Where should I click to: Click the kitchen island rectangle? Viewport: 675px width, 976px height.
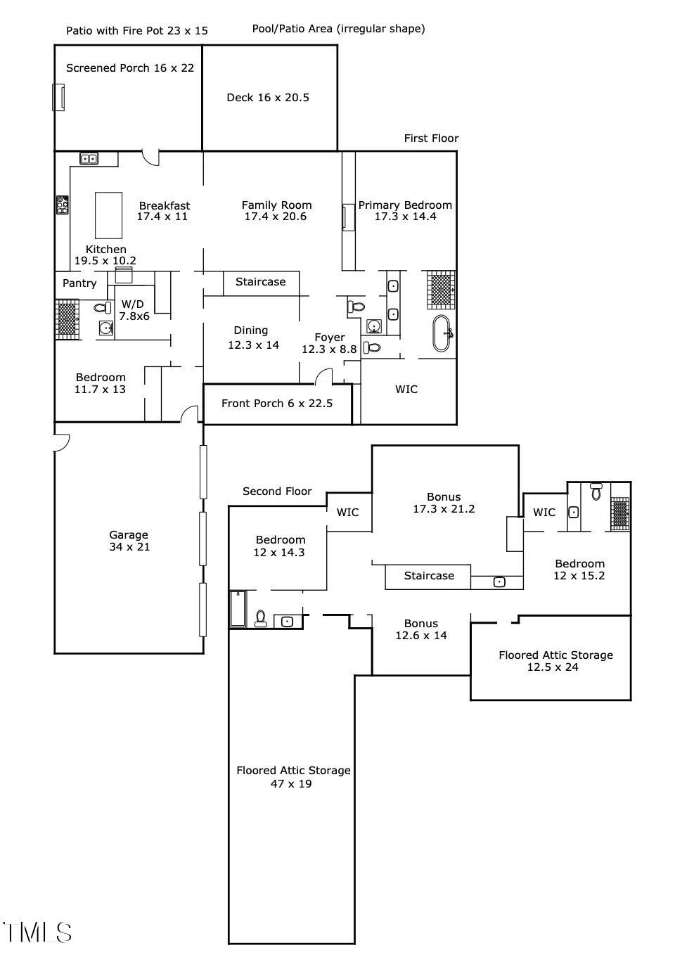[108, 215]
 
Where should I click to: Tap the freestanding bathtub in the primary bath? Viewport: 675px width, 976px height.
[442, 333]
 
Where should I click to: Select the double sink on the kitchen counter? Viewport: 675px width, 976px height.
[89, 159]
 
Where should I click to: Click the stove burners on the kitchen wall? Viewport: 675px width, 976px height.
[63, 205]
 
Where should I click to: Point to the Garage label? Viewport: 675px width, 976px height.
[129, 541]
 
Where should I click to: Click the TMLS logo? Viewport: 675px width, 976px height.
[37, 933]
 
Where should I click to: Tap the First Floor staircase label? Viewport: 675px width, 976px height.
[261, 282]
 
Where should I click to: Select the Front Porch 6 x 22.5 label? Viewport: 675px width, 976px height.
[277, 404]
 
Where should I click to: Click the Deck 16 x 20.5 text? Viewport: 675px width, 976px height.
[268, 98]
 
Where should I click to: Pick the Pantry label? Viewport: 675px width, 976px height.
[79, 283]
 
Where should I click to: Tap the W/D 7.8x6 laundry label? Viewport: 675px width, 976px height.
[135, 310]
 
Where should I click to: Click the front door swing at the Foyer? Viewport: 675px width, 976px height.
[323, 376]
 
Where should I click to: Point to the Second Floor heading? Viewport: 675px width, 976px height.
[277, 492]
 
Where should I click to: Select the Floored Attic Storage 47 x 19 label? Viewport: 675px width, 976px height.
[293, 777]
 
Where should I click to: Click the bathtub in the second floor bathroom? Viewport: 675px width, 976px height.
[238, 609]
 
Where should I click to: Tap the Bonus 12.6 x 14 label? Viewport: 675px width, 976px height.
[421, 629]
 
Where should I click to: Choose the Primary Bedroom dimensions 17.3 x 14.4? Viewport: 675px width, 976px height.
[405, 217]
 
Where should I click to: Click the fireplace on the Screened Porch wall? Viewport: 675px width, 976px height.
[58, 97]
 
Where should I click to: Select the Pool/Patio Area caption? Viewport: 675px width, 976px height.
[339, 29]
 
